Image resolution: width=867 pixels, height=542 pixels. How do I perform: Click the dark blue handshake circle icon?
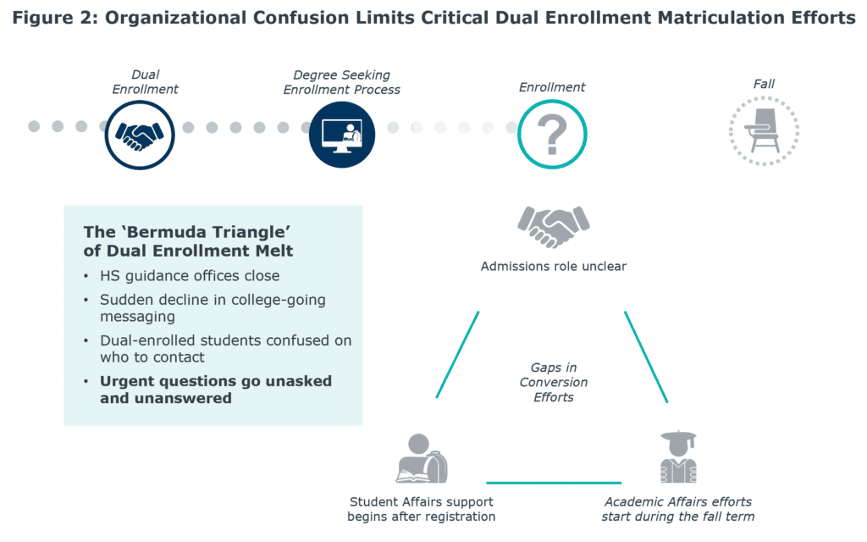tap(140, 135)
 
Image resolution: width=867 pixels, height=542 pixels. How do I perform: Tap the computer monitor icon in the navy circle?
tap(342, 135)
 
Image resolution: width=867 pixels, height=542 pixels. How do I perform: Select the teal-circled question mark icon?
tap(552, 135)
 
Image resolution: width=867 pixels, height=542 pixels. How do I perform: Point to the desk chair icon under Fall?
tap(764, 131)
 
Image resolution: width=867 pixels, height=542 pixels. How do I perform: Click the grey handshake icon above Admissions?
tap(554, 226)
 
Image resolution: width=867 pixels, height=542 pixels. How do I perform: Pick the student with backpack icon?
tap(422, 458)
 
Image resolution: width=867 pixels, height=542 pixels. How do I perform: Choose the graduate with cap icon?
tap(678, 456)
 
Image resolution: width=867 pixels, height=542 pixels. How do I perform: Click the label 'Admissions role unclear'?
tap(554, 267)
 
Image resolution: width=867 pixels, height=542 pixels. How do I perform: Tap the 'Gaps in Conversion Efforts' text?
tap(554, 382)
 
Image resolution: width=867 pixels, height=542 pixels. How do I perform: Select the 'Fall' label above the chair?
tap(764, 84)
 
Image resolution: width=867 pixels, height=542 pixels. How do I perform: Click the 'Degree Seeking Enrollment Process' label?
tap(342, 82)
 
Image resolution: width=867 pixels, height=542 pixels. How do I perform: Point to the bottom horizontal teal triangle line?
tap(554, 483)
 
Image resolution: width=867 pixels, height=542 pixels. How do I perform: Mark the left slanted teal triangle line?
tap(457, 355)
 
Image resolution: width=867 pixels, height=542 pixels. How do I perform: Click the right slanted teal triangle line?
tap(646, 357)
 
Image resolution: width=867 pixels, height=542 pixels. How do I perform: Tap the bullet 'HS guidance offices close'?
tap(190, 276)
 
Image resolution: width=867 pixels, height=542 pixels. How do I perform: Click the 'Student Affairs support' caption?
tap(422, 501)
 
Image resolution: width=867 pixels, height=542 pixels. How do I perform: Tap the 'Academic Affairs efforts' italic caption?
tap(678, 501)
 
